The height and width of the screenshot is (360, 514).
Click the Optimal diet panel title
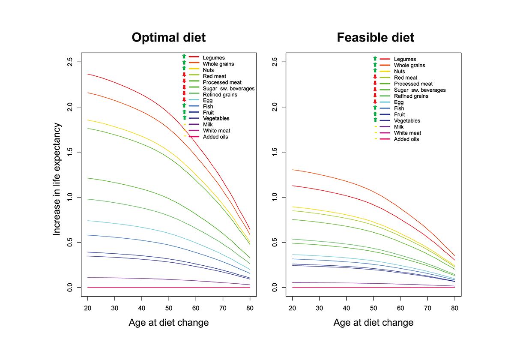pos(169,38)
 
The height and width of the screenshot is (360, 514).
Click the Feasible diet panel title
pos(375,38)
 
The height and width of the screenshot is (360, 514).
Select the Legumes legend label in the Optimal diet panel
pos(214,57)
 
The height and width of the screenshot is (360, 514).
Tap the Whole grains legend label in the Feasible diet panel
pos(409,66)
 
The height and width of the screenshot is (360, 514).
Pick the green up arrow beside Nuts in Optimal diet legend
pos(184,69)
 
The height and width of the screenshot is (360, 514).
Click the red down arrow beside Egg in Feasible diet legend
pos(375,102)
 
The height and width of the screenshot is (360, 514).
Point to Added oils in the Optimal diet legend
pos(215,137)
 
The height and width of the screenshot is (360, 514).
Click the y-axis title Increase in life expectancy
pos(57,179)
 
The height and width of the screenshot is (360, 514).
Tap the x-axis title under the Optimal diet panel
pos(169,323)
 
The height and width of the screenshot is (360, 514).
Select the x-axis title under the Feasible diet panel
pos(374,323)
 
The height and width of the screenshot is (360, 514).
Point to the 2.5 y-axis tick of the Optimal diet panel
pos(69,62)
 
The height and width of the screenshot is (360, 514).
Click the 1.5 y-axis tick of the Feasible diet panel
pos(274,152)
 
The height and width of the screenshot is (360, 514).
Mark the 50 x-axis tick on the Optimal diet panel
pos(169,308)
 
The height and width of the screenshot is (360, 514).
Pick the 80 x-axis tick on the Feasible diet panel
pos(454,308)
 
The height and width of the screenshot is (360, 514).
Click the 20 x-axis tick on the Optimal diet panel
pos(87,308)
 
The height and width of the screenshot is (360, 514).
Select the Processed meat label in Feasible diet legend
pos(413,84)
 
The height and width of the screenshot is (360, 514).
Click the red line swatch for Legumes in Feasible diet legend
pos(385,59)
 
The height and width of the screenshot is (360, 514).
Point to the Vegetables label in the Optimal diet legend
pos(216,118)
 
